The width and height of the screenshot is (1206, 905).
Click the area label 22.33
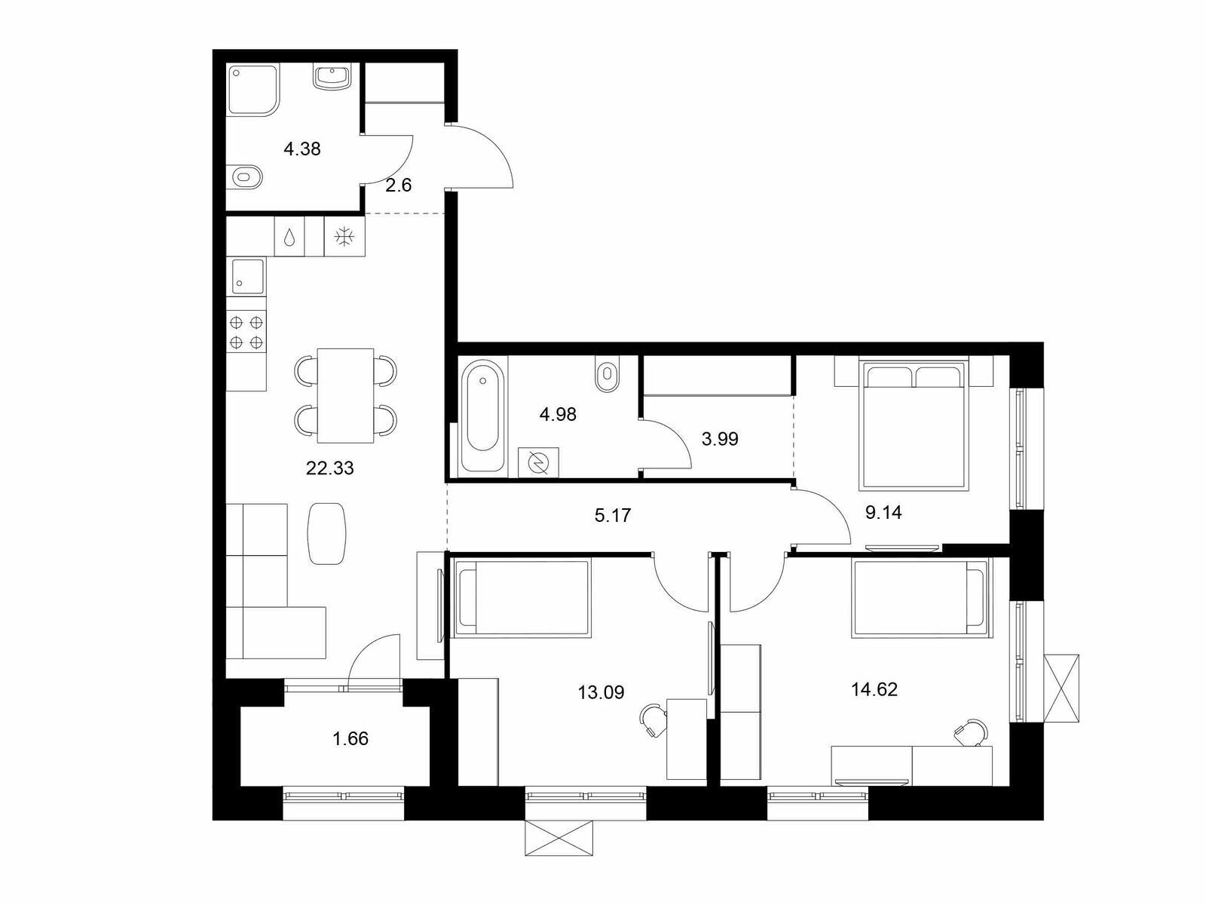[329, 468]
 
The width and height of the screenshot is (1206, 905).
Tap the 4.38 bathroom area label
[302, 149]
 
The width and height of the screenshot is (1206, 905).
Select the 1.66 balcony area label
[350, 738]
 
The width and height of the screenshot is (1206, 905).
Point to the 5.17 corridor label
[613, 515]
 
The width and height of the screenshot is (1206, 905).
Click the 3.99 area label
[720, 438]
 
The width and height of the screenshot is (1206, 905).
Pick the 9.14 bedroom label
[883, 512]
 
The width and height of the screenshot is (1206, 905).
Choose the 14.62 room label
[874, 689]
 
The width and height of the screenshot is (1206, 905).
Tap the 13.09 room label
[601, 692]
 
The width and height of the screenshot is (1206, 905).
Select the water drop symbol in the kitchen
[289, 238]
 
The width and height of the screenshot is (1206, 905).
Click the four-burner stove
[246, 332]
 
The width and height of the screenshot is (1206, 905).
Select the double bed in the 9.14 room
[913, 425]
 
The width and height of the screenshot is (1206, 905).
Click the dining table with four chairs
[345, 395]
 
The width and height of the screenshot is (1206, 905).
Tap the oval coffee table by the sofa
[327, 533]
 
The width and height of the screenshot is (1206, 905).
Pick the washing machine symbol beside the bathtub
[538, 462]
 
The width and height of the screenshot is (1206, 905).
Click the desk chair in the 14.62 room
[972, 732]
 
